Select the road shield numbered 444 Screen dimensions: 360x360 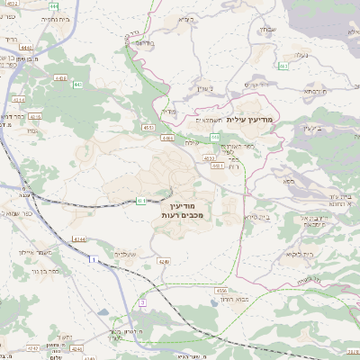[x=54, y=6]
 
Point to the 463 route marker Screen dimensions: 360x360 [x=283, y=66]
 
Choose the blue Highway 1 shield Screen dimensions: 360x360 [x=92, y=259]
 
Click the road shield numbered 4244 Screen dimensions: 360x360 [x=79, y=238]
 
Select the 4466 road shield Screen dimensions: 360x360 [x=168, y=138]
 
